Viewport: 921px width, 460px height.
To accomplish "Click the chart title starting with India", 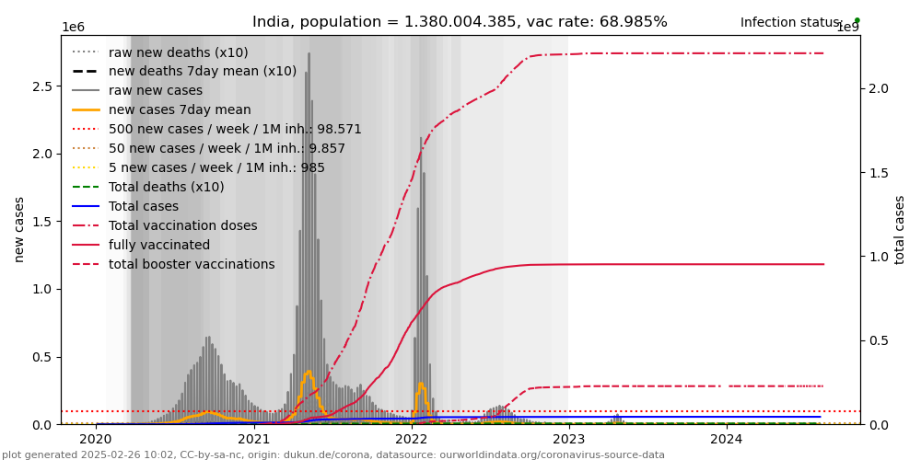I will pos(460,22).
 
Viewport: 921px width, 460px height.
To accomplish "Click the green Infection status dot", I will pos(857,20).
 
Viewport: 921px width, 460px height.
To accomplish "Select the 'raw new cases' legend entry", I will pos(156,91).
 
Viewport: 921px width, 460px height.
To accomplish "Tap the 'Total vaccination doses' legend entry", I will pos(183,226).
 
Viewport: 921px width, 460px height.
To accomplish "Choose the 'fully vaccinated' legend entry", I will pos(159,246).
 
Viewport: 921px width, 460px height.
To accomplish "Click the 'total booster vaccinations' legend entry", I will pos(192,265).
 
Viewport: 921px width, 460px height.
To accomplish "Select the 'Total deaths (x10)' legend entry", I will pos(167,188).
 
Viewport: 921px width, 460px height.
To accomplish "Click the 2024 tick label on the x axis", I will pos(727,440).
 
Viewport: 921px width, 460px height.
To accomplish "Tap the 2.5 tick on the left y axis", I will pos(42,86).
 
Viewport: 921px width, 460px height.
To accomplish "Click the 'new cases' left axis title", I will pos(19,229).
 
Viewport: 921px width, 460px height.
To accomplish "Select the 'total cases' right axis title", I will pos(900,229).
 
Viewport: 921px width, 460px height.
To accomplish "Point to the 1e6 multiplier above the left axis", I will pos(74,28).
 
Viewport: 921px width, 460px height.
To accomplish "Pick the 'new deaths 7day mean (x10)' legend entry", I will pos(203,72).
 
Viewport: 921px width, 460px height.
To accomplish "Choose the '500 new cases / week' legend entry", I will pos(235,130).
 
